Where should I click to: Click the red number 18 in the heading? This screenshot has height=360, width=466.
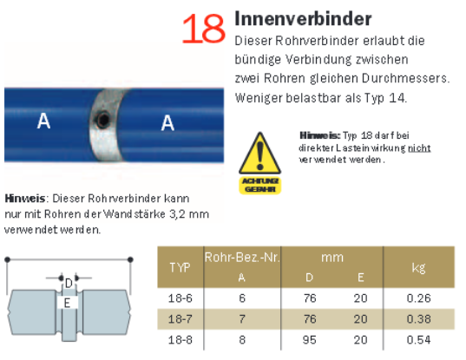204,29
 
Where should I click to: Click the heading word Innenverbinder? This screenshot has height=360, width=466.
303,19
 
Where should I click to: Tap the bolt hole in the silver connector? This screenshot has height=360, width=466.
102,120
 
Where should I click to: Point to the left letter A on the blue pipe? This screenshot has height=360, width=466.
43,121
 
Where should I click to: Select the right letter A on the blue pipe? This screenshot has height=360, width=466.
167,122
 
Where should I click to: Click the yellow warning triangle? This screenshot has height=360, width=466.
259,154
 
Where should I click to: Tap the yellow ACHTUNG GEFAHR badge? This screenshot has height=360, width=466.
260,185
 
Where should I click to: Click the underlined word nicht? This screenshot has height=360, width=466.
419,147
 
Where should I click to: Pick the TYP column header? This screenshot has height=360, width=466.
180,267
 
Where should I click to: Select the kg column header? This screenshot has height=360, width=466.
418,268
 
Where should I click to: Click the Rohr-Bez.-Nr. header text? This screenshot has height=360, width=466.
242,258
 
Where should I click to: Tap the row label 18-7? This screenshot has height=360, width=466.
180,319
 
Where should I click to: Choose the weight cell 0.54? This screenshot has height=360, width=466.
418,340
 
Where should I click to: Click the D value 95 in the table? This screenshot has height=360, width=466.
310,340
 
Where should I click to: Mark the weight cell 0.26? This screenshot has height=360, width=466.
418,298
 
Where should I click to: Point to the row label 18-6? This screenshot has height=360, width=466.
180,298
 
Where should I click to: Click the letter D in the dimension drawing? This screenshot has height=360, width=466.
69,283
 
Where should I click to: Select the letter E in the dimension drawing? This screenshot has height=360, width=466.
67,303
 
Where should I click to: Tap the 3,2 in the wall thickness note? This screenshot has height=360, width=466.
177,214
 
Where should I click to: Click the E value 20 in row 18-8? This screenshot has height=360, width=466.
360,340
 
